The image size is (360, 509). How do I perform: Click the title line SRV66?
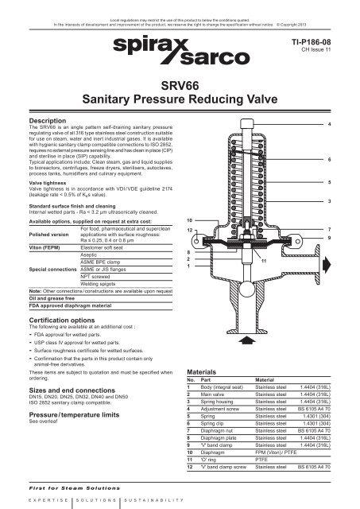(180, 84)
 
